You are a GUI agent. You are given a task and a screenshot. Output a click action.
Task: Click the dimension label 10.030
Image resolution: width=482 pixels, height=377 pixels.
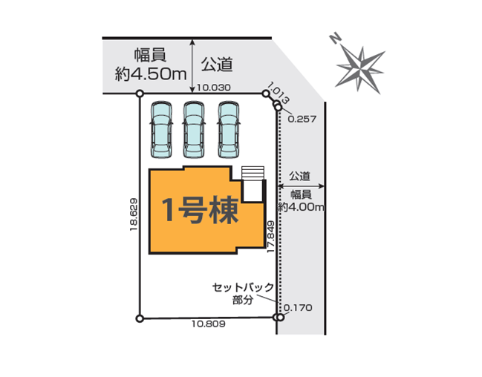pos(214,88)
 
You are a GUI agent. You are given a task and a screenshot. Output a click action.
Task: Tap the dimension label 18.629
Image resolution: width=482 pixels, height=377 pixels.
pos(134,214)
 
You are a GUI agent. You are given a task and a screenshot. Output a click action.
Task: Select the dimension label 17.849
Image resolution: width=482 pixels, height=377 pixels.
pos(270,237)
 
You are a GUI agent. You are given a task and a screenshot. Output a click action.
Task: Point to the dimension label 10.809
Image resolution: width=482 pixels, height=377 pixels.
pos(209,324)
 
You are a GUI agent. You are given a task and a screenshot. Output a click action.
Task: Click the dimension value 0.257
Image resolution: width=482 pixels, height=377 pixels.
pos(302,119)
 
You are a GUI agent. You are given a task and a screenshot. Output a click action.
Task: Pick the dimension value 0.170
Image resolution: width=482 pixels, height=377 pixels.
pos(298,307)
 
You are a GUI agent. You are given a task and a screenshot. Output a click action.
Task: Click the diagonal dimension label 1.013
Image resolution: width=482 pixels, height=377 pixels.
pos(279,93)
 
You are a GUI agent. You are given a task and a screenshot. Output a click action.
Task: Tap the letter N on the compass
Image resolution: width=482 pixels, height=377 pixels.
pos(335,38)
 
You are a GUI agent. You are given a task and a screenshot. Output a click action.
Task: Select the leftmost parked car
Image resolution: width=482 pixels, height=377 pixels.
pos(161,130)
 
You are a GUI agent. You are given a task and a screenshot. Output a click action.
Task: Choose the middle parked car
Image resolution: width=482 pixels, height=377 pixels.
pos(194,130)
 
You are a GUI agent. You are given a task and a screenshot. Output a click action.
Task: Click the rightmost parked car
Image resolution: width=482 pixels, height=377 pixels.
pos(229,130)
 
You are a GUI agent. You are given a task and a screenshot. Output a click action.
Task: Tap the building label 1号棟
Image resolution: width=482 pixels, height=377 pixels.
pos(200,210)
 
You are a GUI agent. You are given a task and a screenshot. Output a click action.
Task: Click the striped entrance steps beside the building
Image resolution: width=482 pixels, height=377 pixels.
pos(253,173)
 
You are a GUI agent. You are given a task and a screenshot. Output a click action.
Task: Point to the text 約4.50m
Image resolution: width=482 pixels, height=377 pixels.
pos(151,74)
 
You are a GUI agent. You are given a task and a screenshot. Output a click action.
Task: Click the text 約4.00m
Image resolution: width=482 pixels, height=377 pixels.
pos(301,206)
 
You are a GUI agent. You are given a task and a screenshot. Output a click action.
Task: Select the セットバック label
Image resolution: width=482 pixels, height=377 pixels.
pos(243,288)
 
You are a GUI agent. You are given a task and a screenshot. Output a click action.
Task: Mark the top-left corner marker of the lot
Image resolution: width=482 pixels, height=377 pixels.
pos(140,93)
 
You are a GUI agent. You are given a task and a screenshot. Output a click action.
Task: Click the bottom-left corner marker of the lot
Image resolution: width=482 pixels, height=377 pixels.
pos(140,318)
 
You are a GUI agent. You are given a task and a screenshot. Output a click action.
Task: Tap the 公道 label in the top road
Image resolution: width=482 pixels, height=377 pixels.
pos(217,65)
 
